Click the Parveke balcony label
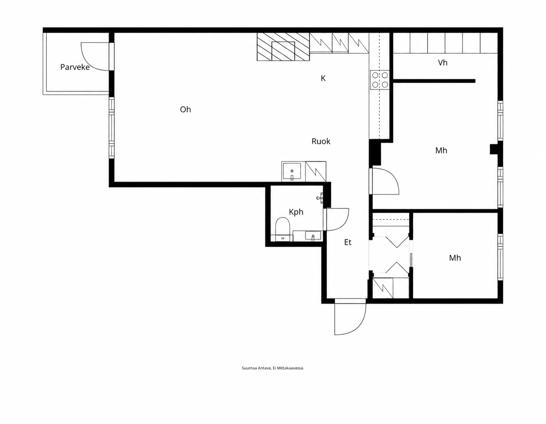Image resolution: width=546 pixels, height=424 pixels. coord(75,67)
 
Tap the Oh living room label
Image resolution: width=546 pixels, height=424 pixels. coord(186,109)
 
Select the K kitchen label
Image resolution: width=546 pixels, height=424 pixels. coord(323,78)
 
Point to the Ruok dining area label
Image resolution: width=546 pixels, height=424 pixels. coord(321,141)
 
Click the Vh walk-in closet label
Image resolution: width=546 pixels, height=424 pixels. coord(443,63)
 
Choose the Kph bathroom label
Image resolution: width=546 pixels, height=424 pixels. coord(296,212)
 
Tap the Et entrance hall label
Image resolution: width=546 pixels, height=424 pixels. coord(348,242)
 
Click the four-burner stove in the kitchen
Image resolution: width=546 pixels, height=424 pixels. coord(380,80)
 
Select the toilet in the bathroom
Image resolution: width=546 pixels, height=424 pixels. coord(283,229)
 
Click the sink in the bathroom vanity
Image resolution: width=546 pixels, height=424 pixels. coord(313,236)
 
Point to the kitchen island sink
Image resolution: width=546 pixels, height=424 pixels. coord(292,172)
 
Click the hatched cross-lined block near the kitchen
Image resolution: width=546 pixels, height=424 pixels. coord(283,47)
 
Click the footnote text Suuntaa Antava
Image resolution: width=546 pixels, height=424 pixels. coord(256,368)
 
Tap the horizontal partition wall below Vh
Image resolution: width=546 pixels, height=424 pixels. coord(434,81)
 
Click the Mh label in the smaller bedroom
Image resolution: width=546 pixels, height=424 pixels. coord(455,258)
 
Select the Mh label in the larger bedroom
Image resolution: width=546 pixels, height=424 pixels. coord(441,150)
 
